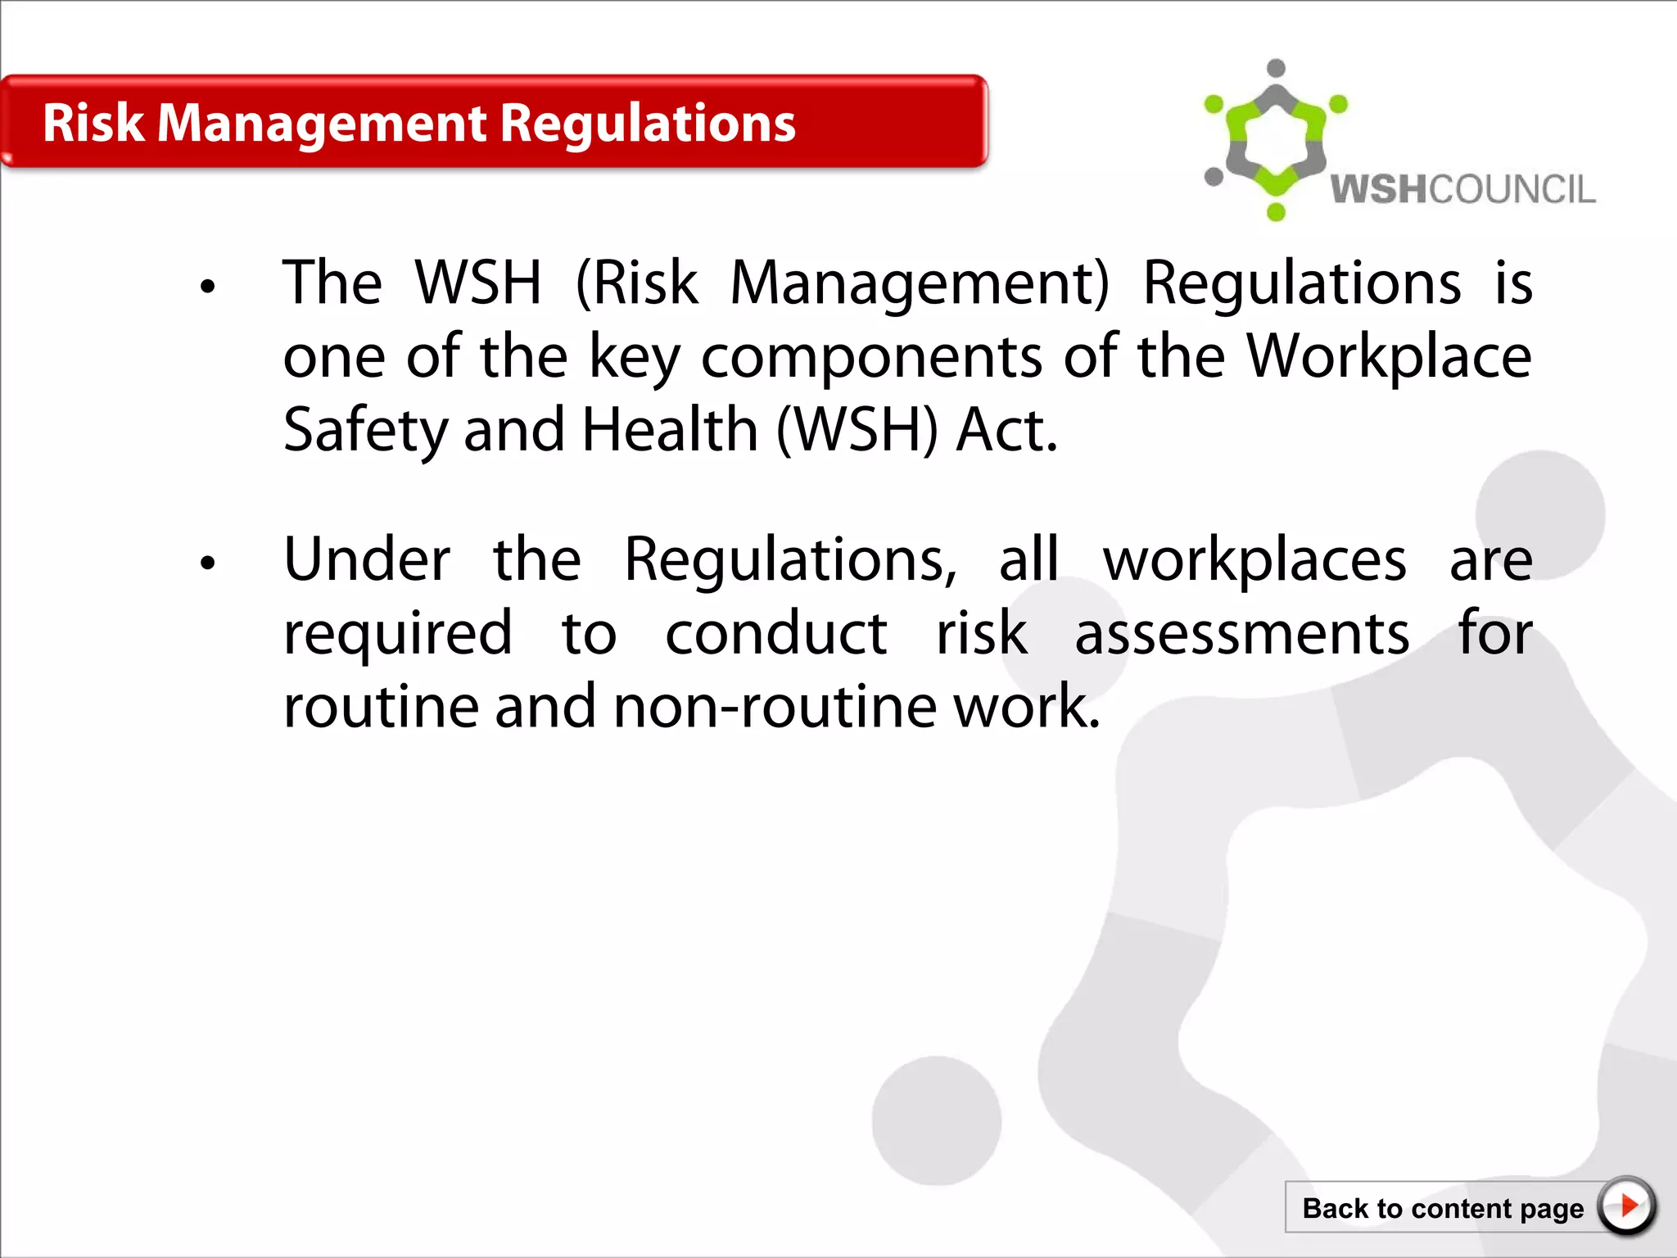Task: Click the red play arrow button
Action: click(x=1627, y=1206)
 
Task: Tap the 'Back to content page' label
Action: click(x=1442, y=1209)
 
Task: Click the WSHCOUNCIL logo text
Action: click(x=1462, y=189)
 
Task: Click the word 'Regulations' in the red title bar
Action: click(x=647, y=124)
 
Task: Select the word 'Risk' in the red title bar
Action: click(x=93, y=124)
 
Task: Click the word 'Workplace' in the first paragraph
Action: click(x=1388, y=357)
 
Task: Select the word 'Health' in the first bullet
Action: click(x=670, y=430)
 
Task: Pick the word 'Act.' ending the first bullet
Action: click(x=1006, y=430)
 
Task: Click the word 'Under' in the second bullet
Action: click(x=367, y=560)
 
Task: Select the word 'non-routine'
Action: click(x=775, y=707)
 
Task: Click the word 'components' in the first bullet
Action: click(x=871, y=359)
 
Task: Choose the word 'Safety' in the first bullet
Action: click(x=365, y=432)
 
